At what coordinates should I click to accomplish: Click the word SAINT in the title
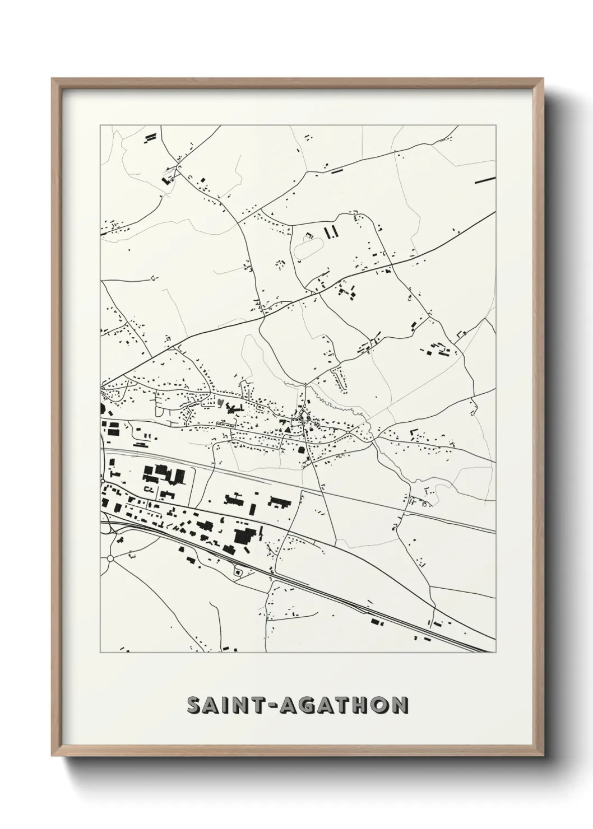[x=225, y=705]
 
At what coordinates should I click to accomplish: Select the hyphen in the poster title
[x=271, y=706]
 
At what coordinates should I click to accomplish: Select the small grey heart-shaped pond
[x=221, y=402]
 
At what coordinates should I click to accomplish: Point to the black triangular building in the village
[x=287, y=429]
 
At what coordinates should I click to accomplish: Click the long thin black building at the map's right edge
[x=485, y=180]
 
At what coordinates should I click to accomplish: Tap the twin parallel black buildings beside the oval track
[x=332, y=231]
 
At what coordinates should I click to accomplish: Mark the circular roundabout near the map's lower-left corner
[x=110, y=558]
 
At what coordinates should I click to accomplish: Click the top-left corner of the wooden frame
[x=52, y=79]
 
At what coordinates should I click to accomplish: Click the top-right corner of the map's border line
[x=496, y=125]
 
